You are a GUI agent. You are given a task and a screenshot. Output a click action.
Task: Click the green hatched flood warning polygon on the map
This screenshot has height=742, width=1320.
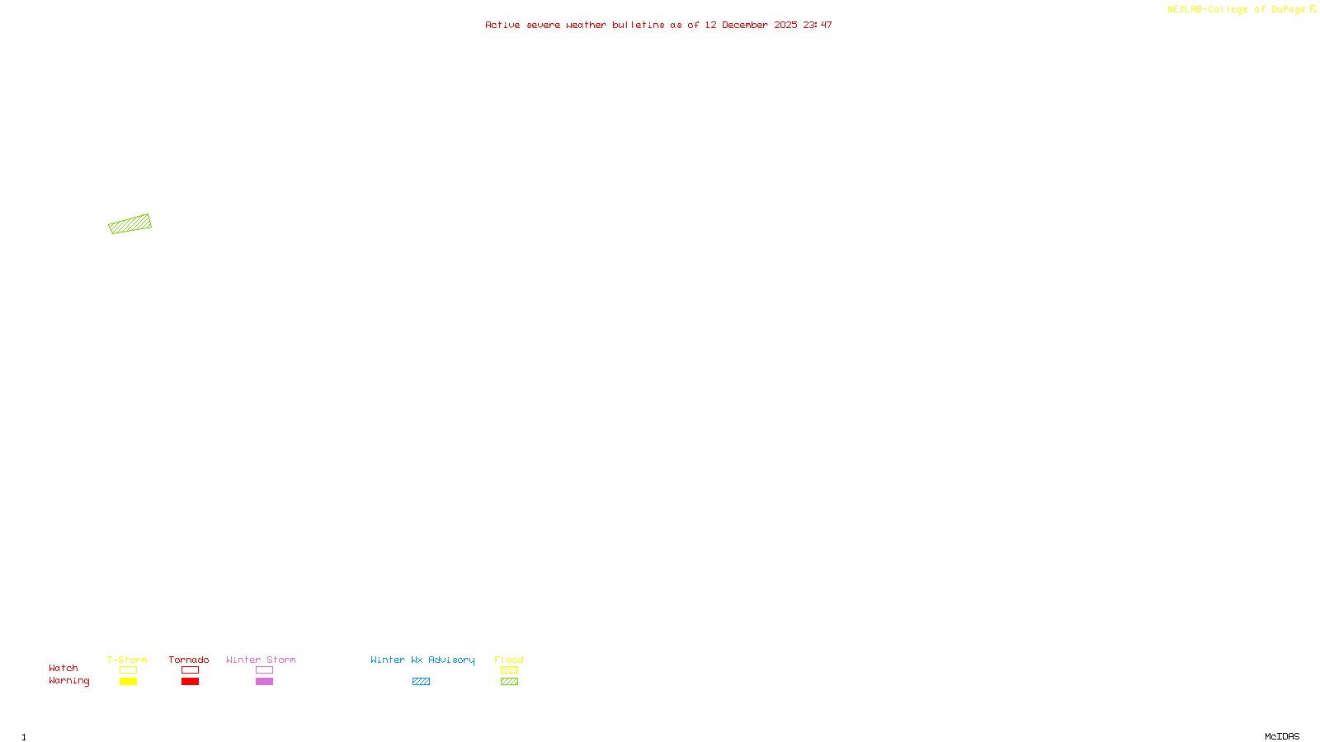130,224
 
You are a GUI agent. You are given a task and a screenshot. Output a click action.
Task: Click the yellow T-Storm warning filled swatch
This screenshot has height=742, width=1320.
128,682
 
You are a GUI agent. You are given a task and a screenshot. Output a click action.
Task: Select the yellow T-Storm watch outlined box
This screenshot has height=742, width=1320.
128,670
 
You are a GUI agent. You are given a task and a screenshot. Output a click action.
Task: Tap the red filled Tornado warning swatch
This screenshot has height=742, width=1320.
190,682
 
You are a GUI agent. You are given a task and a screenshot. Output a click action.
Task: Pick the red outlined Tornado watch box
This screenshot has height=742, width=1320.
190,670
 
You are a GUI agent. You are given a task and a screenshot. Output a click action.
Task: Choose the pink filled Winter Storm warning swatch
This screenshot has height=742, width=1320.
264,682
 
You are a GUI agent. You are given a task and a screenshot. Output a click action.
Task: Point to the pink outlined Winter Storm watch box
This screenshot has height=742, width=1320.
264,670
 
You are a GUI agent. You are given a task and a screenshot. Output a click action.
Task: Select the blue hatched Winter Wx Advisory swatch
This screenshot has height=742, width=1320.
421,682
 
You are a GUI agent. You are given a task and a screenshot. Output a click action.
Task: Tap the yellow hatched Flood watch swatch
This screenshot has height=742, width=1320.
509,670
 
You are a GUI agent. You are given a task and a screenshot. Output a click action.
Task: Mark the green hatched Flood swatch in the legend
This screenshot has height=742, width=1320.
509,682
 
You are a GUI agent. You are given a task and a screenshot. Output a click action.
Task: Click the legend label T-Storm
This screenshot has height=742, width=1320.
127,660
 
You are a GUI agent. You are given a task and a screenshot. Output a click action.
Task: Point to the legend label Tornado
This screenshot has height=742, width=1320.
189,660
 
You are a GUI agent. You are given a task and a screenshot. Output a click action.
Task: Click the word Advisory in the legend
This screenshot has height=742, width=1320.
451,660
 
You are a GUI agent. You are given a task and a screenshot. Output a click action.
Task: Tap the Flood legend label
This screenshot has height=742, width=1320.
509,660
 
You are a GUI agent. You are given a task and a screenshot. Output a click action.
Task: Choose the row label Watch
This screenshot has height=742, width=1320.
64,669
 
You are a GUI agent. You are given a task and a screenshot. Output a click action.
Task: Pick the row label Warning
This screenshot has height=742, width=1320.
69,681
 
